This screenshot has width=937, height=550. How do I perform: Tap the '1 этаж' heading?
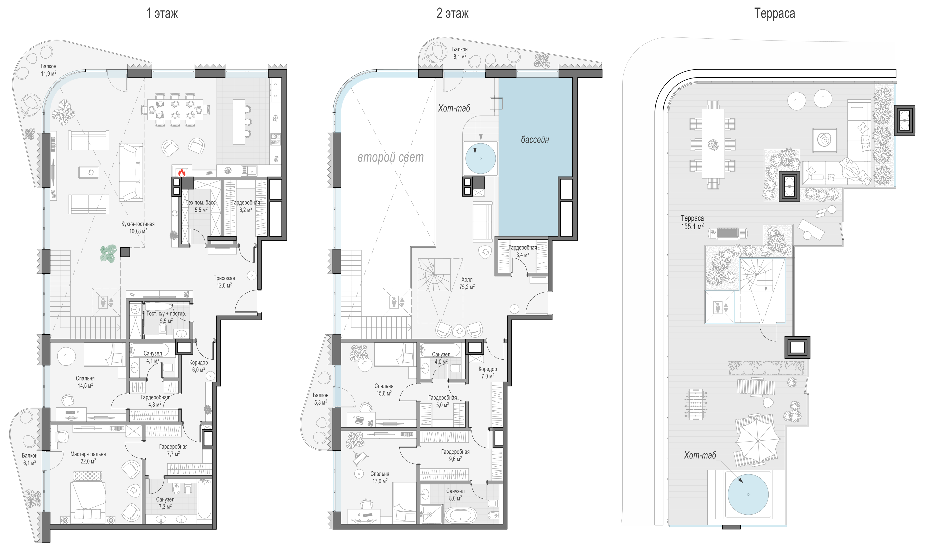pyautogui.click(x=162, y=13)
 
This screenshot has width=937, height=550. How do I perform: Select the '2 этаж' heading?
pyautogui.click(x=453, y=13)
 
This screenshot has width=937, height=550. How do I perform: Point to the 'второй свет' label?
pyautogui.click(x=390, y=157)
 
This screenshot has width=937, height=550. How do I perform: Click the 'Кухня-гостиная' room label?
pyautogui.click(x=138, y=224)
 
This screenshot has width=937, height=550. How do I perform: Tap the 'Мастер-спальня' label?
pyautogui.click(x=88, y=454)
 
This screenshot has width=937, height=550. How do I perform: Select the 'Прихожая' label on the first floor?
pyautogui.click(x=224, y=278)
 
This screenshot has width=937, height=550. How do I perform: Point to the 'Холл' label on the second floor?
pyautogui.click(x=467, y=279)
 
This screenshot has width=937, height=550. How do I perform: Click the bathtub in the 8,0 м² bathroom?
pyautogui.click(x=461, y=515)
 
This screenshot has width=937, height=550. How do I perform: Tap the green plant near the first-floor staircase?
pyautogui.click(x=108, y=254)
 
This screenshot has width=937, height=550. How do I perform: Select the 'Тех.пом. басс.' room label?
pyautogui.click(x=201, y=203)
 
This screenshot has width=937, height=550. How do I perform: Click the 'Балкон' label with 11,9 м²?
pyautogui.click(x=48, y=66)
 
